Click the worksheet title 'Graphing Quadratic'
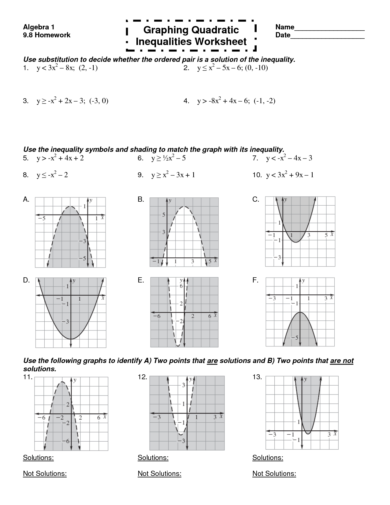tap(191, 30)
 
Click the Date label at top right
tap(283, 35)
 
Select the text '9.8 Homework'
tap(47, 35)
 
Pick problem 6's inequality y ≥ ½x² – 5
tap(169, 158)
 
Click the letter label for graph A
tap(26, 200)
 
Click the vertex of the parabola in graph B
tap(184, 207)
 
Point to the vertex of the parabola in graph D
tap(71, 339)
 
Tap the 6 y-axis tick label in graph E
tap(181, 286)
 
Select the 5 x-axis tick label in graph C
tap(326, 235)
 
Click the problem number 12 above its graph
tap(143, 377)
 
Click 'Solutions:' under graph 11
tap(38, 458)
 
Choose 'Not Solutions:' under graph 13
tap(274, 474)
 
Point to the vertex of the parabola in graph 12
tap(181, 434)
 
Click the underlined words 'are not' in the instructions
tap(342, 361)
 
